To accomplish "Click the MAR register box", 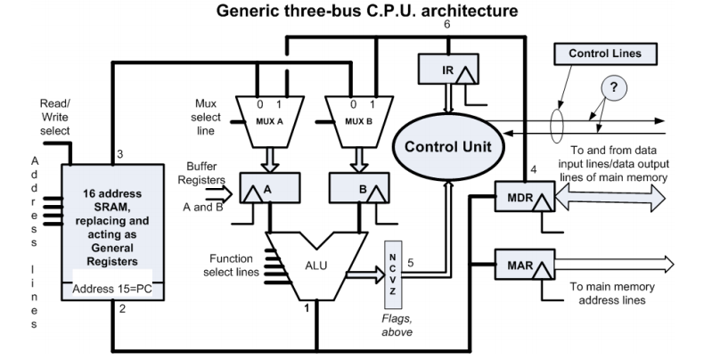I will tap(519, 265).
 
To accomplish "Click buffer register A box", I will tap(266, 188).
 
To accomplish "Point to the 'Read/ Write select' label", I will tap(55, 117).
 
